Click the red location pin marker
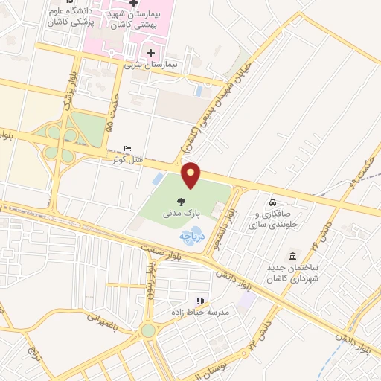pos(191,175)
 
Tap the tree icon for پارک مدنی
pos(181,202)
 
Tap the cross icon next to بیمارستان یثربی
pos(152,53)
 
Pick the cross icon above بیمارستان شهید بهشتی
pos(133,4)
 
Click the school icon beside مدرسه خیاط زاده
pos(179,301)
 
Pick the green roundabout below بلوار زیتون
pos(148,330)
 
